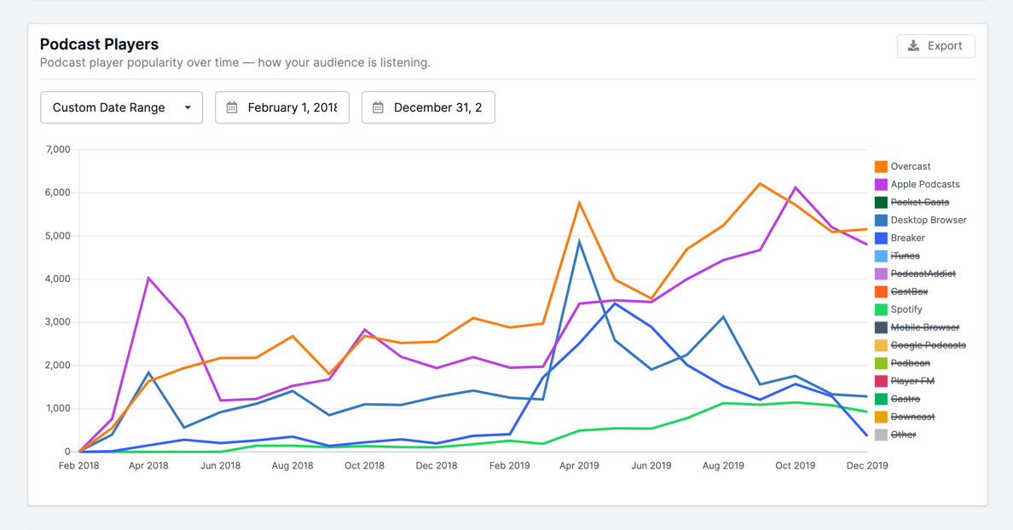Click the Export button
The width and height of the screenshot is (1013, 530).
tap(935, 46)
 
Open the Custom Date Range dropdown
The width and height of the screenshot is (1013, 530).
tap(121, 107)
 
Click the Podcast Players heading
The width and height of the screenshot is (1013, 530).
tap(99, 44)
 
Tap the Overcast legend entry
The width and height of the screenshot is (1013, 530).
tap(910, 166)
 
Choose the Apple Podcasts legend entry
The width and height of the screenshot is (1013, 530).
tap(924, 184)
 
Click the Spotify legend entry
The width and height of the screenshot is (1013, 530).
tap(906, 309)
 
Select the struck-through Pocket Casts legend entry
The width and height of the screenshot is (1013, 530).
tap(919, 202)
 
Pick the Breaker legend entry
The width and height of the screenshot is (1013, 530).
tap(907, 238)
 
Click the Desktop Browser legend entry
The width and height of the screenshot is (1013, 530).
tap(928, 220)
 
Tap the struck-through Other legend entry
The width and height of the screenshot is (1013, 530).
tap(903, 435)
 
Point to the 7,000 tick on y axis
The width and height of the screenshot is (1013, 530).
tap(58, 150)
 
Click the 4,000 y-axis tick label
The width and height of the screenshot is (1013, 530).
tap(58, 279)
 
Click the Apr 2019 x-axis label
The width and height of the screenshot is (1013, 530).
tap(579, 466)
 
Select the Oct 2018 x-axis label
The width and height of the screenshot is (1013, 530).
tap(364, 466)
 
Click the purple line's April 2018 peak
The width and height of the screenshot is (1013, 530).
tap(149, 278)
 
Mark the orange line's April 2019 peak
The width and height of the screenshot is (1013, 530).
tap(579, 203)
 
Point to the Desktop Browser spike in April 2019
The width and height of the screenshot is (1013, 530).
tap(579, 242)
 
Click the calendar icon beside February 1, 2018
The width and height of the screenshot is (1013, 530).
tap(232, 107)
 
